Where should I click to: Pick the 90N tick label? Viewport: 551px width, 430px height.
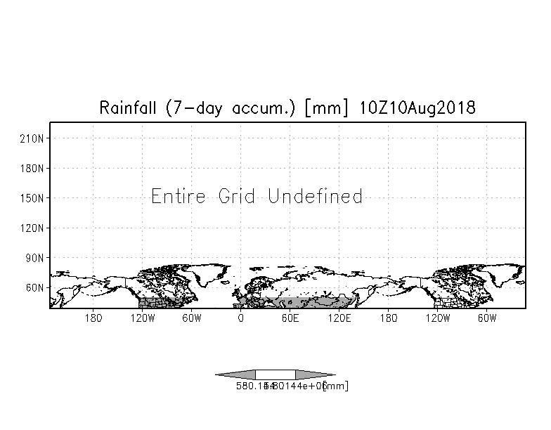(35, 258)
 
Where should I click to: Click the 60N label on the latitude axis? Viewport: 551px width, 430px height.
(35, 288)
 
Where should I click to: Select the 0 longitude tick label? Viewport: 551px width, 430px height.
(241, 318)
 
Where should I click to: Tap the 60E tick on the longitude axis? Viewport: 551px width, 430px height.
(290, 318)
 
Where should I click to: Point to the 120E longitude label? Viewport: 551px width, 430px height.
(339, 318)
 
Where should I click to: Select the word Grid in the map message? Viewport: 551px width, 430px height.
(236, 196)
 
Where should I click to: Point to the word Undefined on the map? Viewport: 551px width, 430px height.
(315, 196)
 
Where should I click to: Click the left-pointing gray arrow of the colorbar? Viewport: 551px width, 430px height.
(235, 374)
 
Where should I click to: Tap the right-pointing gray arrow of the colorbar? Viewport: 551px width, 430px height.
(315, 374)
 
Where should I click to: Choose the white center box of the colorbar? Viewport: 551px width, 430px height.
(275, 374)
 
